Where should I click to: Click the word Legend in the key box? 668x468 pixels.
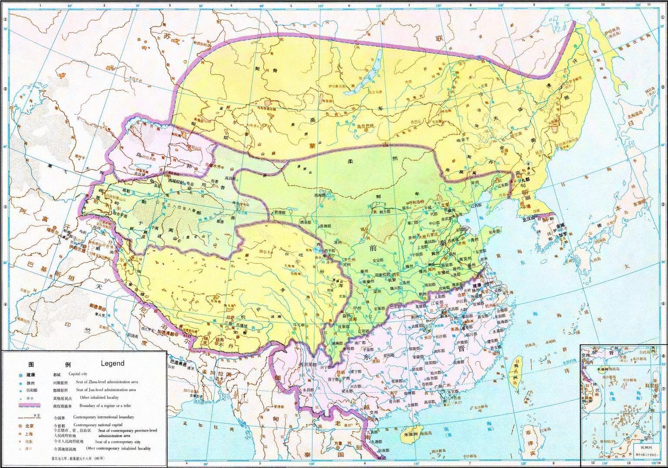point(112,363)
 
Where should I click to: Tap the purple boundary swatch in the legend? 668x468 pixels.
point(29,405)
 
